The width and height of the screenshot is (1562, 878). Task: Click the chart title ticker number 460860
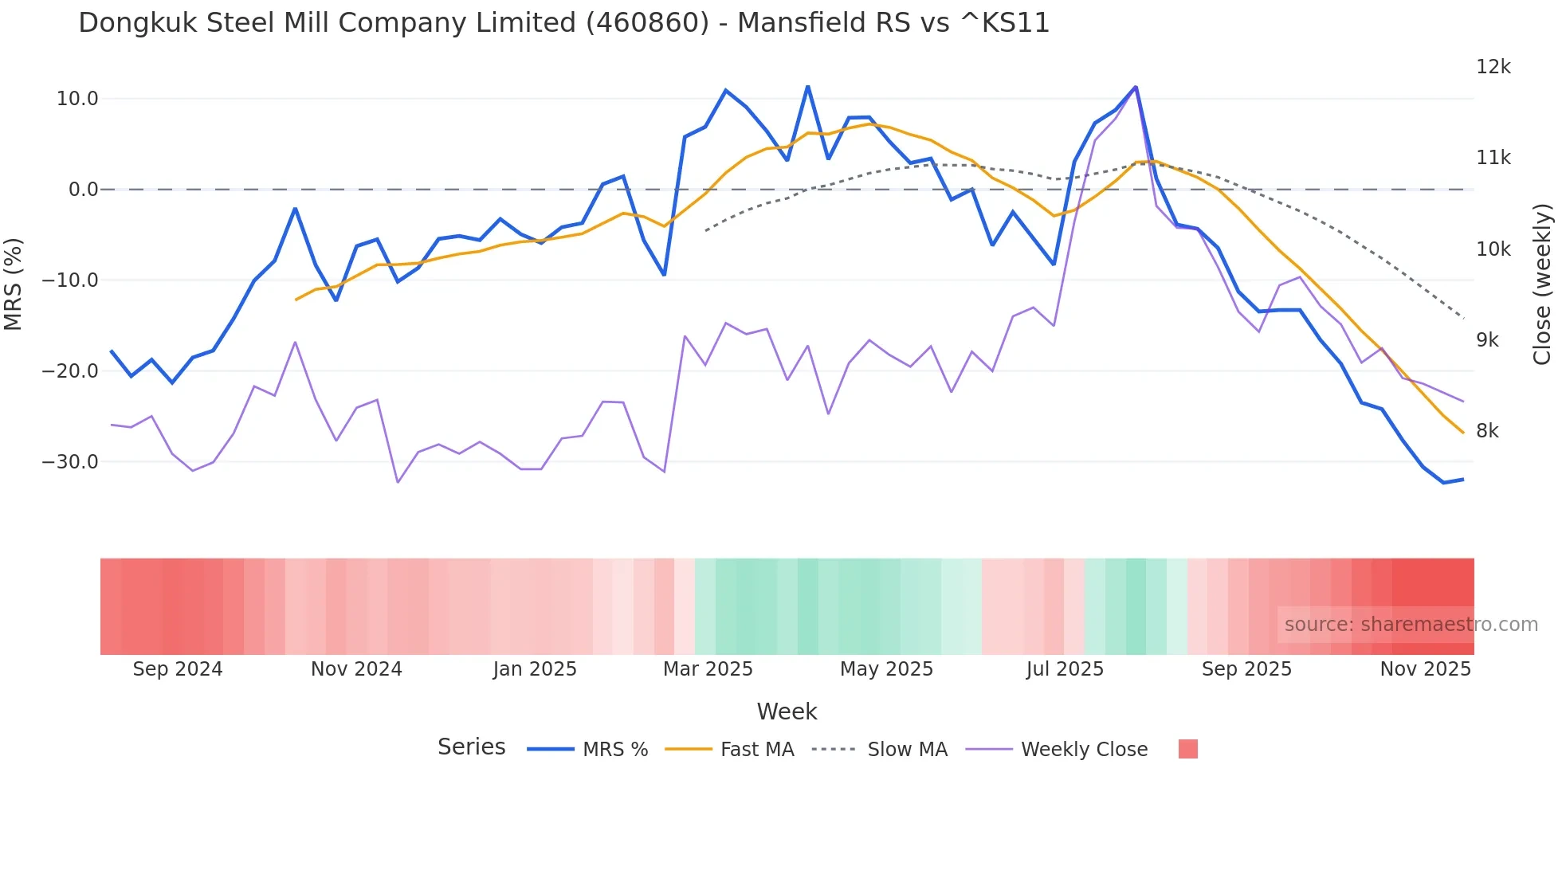(x=646, y=23)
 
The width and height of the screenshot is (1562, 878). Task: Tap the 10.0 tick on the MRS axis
(x=77, y=99)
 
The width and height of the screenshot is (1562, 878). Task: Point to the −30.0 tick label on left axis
(x=70, y=462)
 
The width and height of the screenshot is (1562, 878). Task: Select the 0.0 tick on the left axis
(x=83, y=190)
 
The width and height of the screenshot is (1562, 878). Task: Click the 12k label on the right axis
(x=1493, y=67)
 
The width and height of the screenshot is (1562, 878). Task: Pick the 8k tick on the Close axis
(x=1487, y=431)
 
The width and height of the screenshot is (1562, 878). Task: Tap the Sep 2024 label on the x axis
(x=178, y=669)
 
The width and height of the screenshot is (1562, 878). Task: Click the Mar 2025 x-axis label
(x=708, y=669)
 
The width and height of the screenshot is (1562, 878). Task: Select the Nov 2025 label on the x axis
(x=1425, y=669)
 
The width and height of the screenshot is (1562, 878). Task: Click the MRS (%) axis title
(x=14, y=284)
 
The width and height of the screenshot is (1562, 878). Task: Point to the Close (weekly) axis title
(x=1542, y=284)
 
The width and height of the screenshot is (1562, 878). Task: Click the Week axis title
(x=787, y=711)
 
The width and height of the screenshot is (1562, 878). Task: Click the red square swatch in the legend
(x=1187, y=749)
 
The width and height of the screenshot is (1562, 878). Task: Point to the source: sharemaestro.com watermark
(x=1411, y=625)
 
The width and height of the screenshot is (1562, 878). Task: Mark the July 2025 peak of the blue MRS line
(x=1136, y=87)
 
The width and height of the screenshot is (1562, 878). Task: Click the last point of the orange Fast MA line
(x=1463, y=433)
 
